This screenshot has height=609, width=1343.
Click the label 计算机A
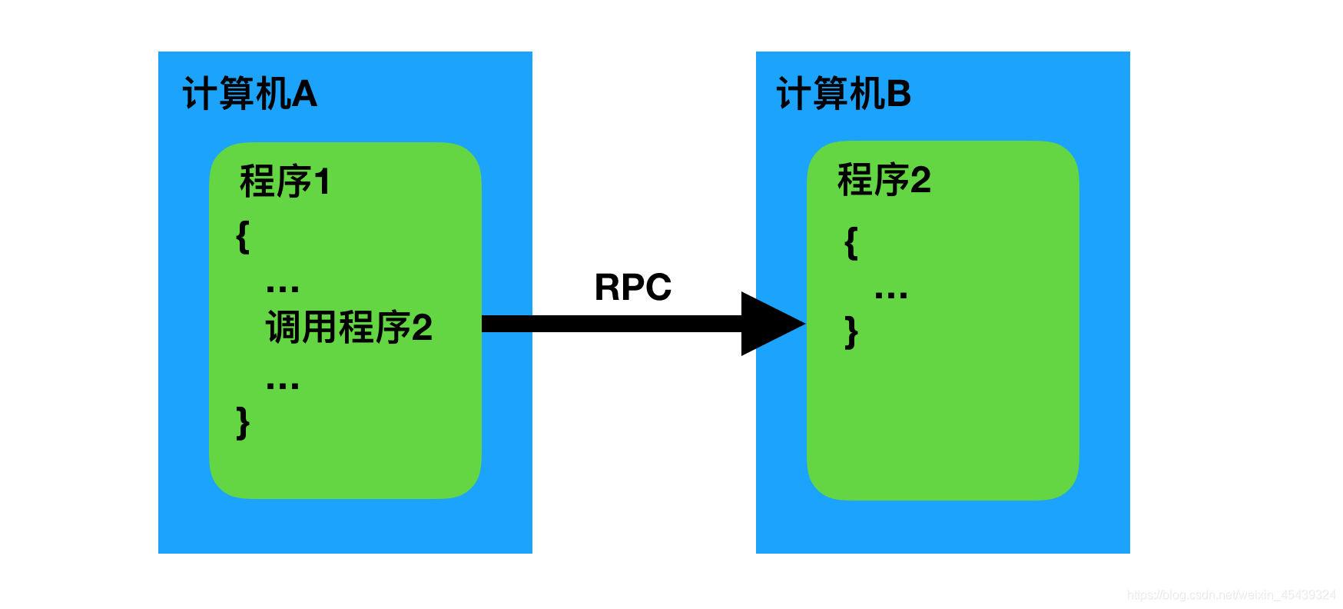click(250, 95)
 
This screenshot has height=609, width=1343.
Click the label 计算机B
click(844, 95)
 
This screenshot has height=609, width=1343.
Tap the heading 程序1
click(284, 182)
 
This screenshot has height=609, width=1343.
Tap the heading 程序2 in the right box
click(884, 181)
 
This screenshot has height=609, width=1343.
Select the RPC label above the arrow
click(632, 288)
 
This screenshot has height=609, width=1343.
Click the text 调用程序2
click(349, 328)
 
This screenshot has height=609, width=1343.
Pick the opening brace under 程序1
click(243, 237)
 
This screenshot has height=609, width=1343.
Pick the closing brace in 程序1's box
click(243, 423)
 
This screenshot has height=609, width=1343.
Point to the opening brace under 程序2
click(851, 243)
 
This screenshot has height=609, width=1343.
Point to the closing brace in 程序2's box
click(851, 332)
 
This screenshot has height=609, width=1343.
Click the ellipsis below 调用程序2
click(282, 385)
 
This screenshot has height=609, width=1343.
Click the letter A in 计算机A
click(304, 95)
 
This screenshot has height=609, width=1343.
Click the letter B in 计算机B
click(898, 95)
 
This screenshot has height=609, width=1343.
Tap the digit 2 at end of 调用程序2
click(422, 328)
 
